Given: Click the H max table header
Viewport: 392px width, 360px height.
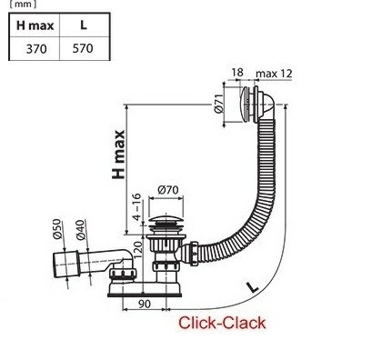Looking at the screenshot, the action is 35,25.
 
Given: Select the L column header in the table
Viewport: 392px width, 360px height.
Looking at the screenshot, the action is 84,25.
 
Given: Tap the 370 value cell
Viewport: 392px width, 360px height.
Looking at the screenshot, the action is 36,49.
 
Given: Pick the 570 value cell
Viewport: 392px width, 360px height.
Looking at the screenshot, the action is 83,48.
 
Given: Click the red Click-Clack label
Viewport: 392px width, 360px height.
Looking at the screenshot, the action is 222,323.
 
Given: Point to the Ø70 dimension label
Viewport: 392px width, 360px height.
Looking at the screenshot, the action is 168,190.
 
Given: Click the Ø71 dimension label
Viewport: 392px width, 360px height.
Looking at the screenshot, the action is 219,104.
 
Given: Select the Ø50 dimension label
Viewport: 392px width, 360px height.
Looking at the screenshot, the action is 58,229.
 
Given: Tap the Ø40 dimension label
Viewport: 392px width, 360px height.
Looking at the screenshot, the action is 81,230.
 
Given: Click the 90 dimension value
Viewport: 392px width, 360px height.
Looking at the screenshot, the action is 144,304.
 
